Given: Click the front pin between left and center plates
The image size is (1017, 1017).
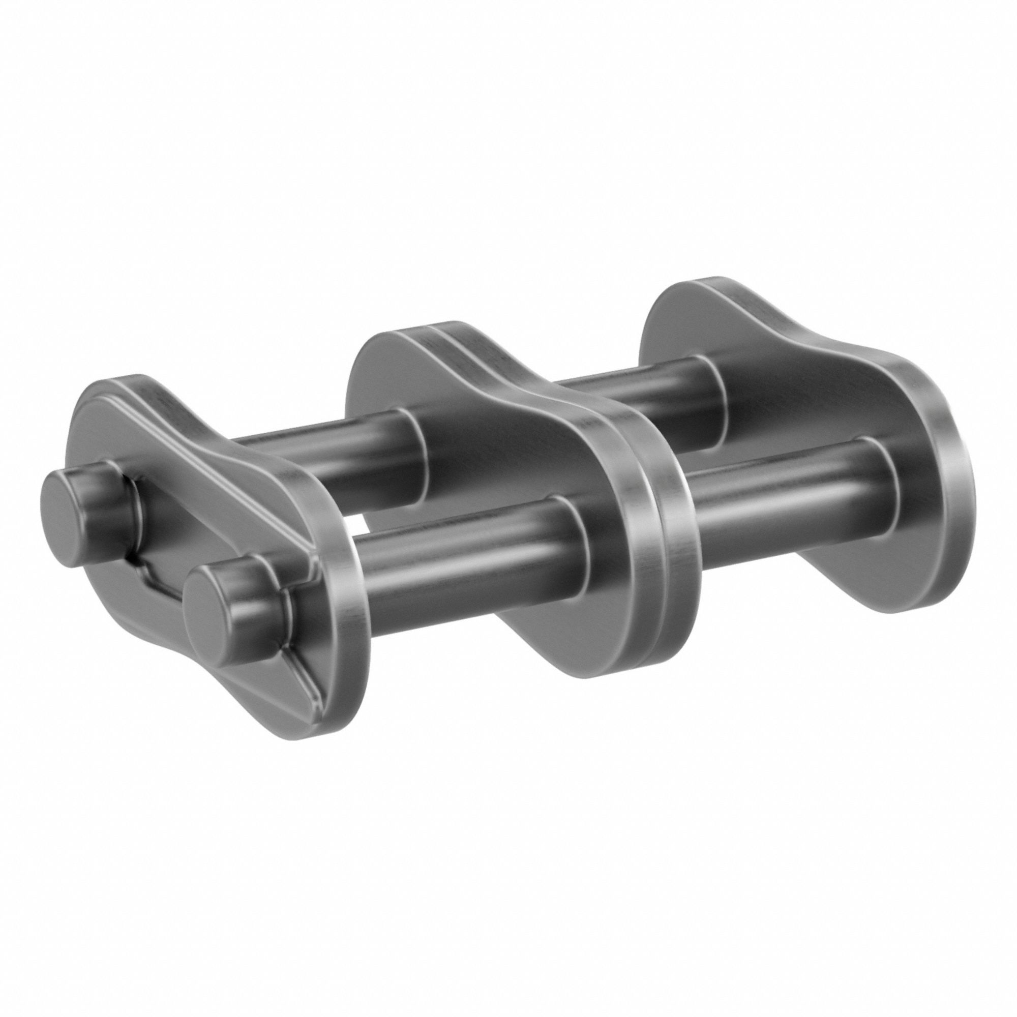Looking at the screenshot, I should (x=474, y=563).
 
